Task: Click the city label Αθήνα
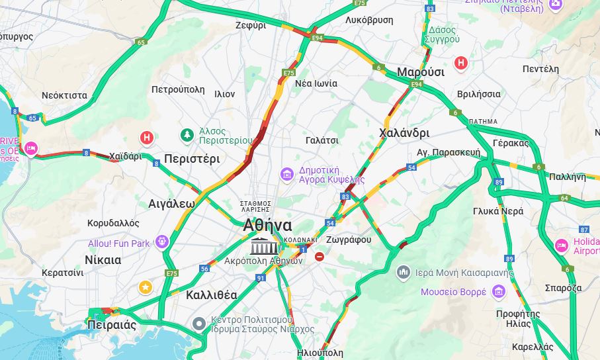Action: tap(267, 225)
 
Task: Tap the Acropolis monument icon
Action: tap(264, 247)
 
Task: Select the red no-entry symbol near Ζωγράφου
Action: tap(320, 256)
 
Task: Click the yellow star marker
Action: tap(145, 287)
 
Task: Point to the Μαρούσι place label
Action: tap(420, 72)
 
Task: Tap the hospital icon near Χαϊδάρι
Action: tap(147, 138)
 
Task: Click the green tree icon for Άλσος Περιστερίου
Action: tap(187, 136)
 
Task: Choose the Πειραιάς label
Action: tap(111, 325)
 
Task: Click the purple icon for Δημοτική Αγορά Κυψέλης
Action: tap(287, 173)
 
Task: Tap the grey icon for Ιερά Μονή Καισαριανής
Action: tap(403, 272)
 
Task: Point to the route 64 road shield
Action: tap(564, 198)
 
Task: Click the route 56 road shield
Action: tap(204, 268)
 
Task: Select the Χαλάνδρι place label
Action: tap(404, 133)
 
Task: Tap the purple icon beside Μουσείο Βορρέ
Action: tap(498, 291)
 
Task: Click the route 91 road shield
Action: tap(261, 278)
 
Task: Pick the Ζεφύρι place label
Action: tap(250, 25)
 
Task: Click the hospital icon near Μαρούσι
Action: tap(462, 62)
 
